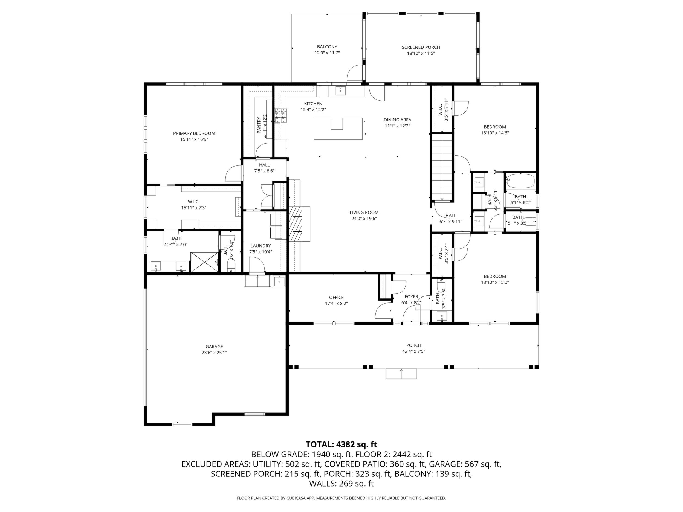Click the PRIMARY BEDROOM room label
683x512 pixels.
tap(194, 133)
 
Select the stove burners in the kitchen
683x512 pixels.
tap(281, 116)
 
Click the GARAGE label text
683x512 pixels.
tap(214, 347)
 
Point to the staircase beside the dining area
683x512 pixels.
tap(442, 167)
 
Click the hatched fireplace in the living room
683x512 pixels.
tap(296, 224)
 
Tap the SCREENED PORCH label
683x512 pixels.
tap(421, 47)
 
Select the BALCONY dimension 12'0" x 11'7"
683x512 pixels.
tap(327, 53)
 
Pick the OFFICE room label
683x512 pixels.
tap(336, 298)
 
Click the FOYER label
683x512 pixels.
tap(411, 296)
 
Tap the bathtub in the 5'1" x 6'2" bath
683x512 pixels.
tap(520, 181)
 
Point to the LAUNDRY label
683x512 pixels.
tap(261, 246)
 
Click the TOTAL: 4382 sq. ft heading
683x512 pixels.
tap(341, 444)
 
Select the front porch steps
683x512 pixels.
tap(401, 374)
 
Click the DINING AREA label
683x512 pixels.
tap(397, 120)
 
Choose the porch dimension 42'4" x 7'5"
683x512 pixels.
tap(413, 351)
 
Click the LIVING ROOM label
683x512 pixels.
tap(364, 212)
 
